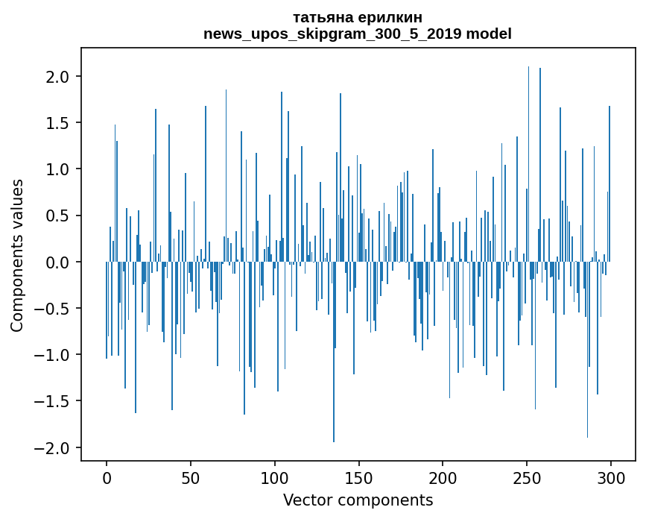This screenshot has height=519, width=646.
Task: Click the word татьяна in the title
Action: tap(321, 18)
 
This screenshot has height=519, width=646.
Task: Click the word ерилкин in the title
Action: tap(391, 18)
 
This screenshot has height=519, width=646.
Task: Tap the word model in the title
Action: tap(490, 34)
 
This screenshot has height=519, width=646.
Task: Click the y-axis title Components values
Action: tap(17, 255)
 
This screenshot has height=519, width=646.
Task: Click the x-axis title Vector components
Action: tap(358, 500)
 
